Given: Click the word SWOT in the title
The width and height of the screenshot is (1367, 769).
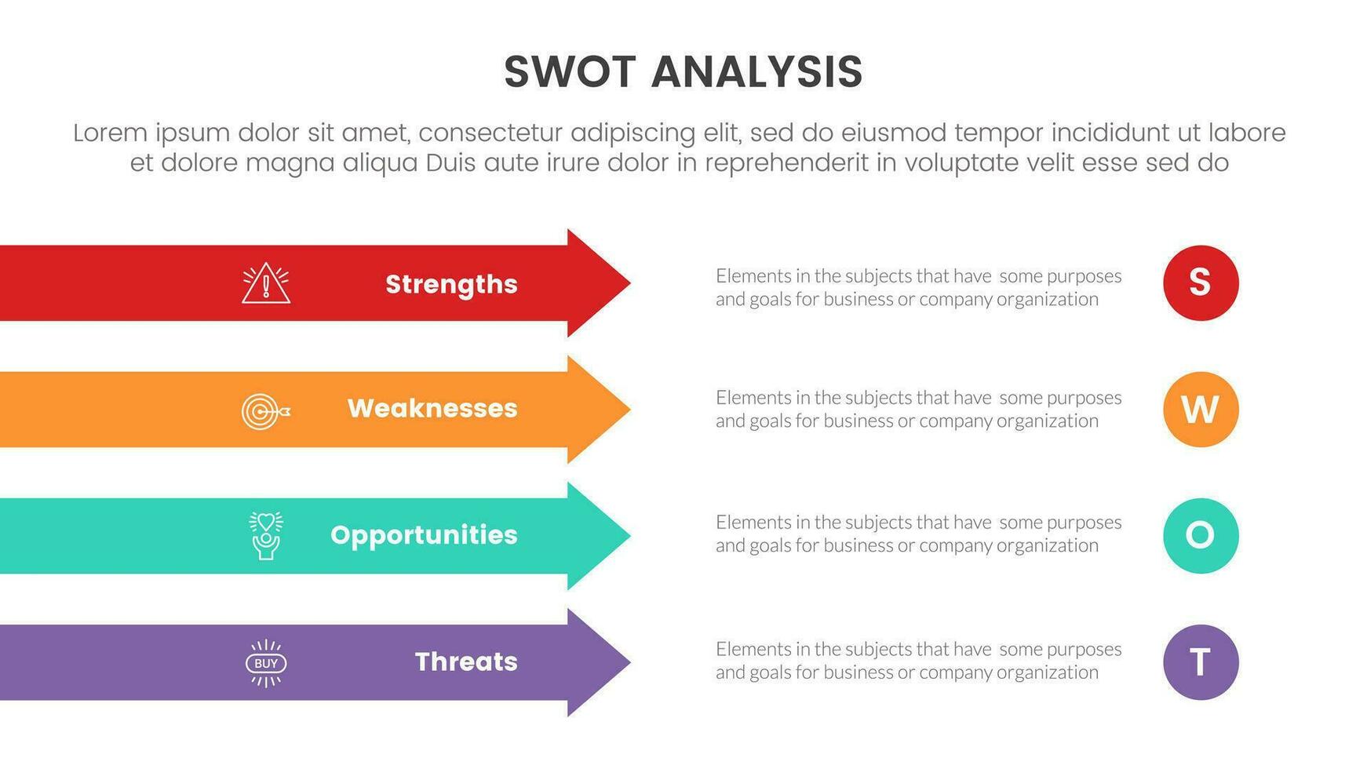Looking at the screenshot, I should pos(570,72).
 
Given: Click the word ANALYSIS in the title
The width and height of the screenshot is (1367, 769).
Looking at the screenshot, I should pos(756,72).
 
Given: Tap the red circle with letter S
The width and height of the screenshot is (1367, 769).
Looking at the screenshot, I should pos(1200,282).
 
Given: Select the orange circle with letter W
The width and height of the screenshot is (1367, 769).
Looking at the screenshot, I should pos(1200,409).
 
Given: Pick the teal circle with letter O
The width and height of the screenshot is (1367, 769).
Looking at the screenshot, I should pos(1200,535).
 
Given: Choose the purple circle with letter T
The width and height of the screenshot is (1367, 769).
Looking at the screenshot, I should pos(1200,661).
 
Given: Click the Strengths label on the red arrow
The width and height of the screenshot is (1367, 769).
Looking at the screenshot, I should pos(451,284).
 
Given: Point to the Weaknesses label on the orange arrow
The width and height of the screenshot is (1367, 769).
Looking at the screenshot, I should pos(432,408).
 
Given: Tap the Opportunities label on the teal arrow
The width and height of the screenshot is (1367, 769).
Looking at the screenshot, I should pos(424,535).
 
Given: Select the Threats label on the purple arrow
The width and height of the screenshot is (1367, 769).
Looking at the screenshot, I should pos(466,661).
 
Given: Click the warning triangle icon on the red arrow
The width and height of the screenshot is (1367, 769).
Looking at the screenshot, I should pos(266,283).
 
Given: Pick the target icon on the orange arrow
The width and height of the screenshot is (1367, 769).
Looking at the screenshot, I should pos(265,411).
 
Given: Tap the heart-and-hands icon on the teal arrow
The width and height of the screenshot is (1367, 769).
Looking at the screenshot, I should pos(266,535).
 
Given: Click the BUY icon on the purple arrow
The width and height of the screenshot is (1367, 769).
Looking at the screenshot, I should pos(266,663).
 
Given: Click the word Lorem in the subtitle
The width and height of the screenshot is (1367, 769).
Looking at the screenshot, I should pos(110,133).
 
